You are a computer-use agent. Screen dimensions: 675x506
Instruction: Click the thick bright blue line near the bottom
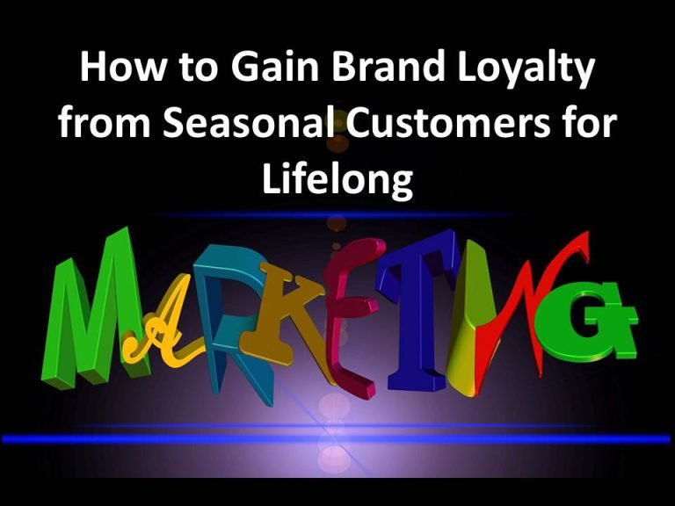[337, 439]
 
